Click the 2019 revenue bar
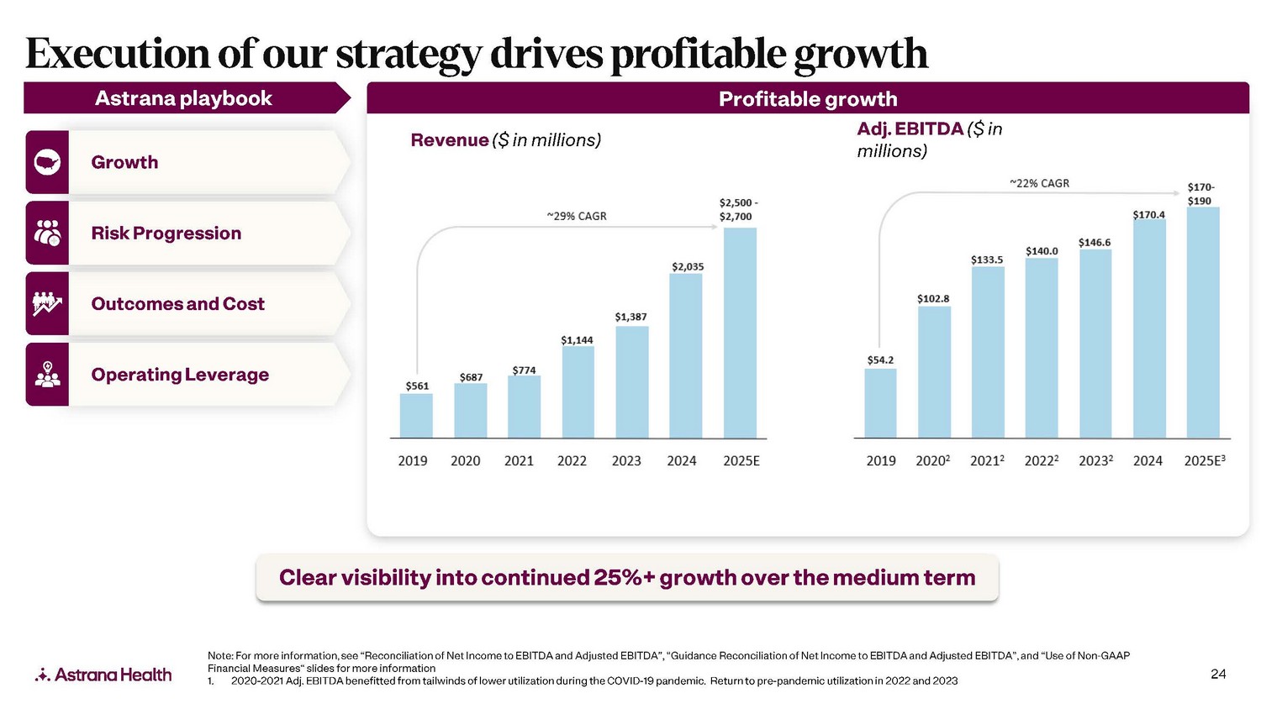click(x=416, y=416)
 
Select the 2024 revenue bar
click(x=685, y=355)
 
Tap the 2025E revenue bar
click(x=740, y=333)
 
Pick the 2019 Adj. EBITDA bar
click(x=880, y=403)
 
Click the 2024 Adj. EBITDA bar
click(x=1149, y=328)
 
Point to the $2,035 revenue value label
click(x=688, y=267)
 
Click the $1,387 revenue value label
click(x=630, y=317)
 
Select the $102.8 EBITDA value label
click(x=933, y=299)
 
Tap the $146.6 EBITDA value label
click(x=1095, y=243)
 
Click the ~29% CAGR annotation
click(x=577, y=217)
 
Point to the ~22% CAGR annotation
click(x=1040, y=184)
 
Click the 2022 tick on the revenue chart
click(x=572, y=461)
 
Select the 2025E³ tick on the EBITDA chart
click(x=1205, y=461)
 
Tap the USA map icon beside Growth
click(x=47, y=162)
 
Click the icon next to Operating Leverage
click(x=47, y=375)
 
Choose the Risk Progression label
click(x=166, y=234)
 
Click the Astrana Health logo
click(x=103, y=675)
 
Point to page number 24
click(x=1218, y=674)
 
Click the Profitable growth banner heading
click(x=808, y=99)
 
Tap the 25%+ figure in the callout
click(x=624, y=578)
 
